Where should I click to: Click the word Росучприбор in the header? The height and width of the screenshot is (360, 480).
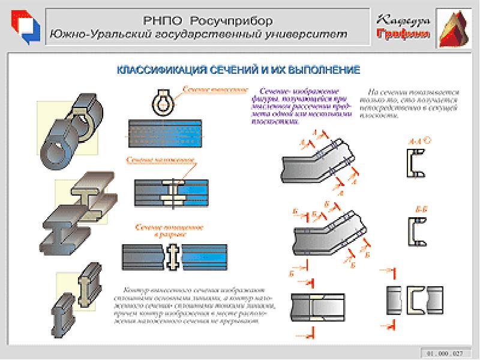228,20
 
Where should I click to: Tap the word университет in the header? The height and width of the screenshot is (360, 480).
311,34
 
